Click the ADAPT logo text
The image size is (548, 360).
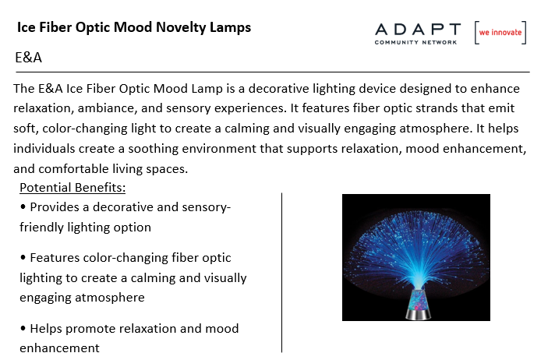pyautogui.click(x=418, y=30)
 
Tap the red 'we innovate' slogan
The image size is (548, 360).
pyautogui.click(x=500, y=33)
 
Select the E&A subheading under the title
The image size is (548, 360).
pyautogui.click(x=28, y=58)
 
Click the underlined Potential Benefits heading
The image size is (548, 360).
pyautogui.click(x=72, y=188)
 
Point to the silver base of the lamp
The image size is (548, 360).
pyautogui.click(x=418, y=314)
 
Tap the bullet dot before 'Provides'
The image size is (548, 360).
pyautogui.click(x=23, y=206)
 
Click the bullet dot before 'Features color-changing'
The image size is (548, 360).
pyautogui.click(x=23, y=258)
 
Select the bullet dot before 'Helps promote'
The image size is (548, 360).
pyautogui.click(x=23, y=328)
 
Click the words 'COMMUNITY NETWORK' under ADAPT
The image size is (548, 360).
pyautogui.click(x=415, y=43)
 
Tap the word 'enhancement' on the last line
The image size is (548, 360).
pyautogui.click(x=59, y=348)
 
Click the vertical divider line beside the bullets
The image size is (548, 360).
pyautogui.click(x=281, y=273)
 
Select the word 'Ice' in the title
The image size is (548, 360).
pyautogui.click(x=27, y=27)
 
